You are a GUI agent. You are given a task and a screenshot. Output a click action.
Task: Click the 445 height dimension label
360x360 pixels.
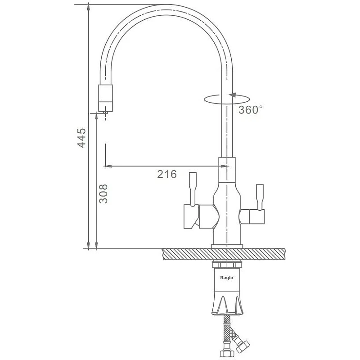[81, 138]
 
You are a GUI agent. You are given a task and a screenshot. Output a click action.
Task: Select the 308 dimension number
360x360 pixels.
[103, 194]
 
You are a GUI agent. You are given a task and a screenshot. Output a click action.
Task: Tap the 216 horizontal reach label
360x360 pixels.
[167, 174]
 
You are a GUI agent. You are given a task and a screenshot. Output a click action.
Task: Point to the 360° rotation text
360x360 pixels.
[251, 110]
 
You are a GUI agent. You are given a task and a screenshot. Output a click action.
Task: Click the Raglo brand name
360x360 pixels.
[227, 278]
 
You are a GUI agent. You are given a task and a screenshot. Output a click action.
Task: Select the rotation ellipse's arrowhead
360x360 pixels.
[232, 95]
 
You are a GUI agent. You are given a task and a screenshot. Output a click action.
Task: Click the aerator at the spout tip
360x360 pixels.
[106, 98]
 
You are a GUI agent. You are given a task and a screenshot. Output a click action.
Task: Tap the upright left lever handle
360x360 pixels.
[193, 189]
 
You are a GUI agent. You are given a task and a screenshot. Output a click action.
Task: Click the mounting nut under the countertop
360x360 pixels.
[227, 265]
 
